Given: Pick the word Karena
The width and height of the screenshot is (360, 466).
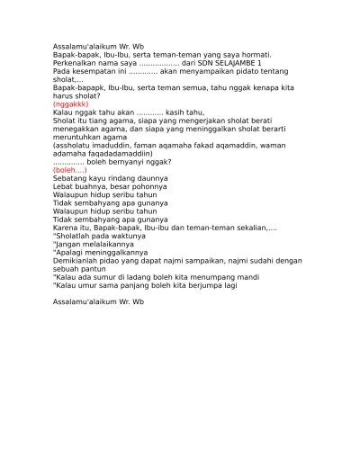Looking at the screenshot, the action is point(64,228).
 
